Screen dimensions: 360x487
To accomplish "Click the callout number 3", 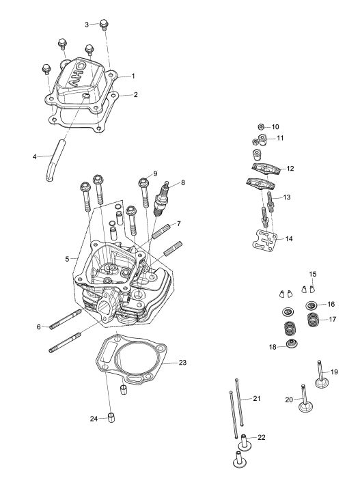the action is point(87,25).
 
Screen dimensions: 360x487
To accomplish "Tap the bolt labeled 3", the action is point(104,25).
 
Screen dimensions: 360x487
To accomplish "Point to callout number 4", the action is point(34,156).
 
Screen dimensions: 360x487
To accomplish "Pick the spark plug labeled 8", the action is point(163,199).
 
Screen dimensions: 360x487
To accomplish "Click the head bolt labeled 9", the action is point(144,193).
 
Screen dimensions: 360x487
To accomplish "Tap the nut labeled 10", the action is point(262,126).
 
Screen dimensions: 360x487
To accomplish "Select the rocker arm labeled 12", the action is point(266,168).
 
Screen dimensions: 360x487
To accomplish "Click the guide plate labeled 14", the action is point(264,239).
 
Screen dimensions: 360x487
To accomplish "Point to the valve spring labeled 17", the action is point(314,320).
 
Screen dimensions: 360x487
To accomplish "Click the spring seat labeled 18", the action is point(292,344).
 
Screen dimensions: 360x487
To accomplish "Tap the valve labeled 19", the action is point(322,374).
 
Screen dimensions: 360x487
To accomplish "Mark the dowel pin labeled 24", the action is point(111,418).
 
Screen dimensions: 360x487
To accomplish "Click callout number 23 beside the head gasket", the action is point(182,363).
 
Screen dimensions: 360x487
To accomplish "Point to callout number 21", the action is point(257,398).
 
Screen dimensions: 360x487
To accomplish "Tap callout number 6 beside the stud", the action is point(39,326).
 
